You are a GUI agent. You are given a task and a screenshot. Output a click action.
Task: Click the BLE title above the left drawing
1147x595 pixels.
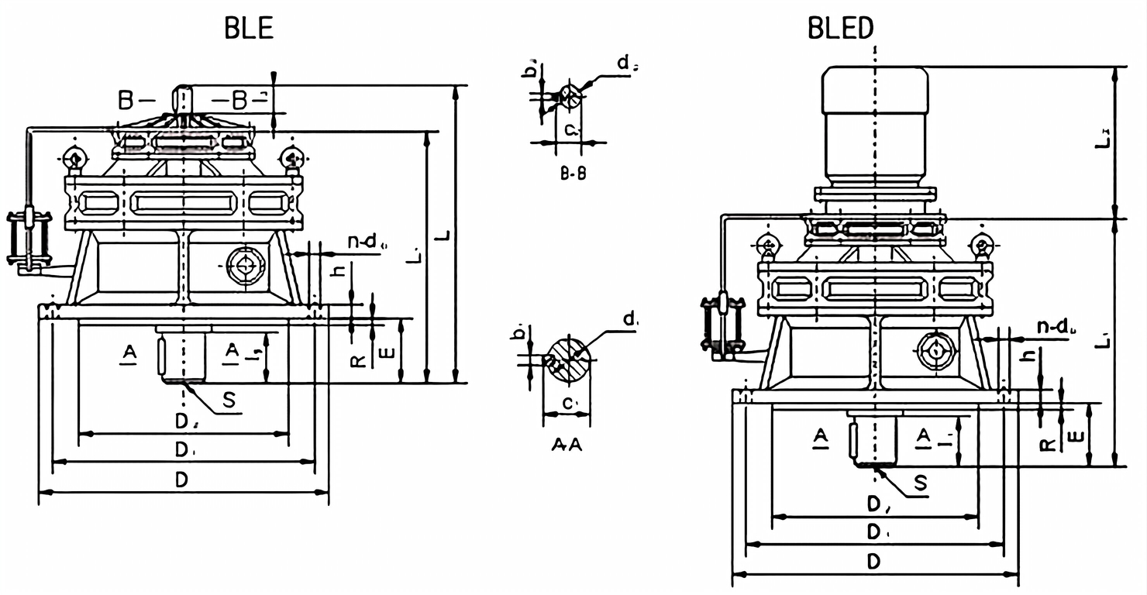(249, 28)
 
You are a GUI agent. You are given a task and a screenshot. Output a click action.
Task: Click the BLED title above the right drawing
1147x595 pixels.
(841, 28)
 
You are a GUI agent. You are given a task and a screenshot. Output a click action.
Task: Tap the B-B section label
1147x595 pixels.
(573, 174)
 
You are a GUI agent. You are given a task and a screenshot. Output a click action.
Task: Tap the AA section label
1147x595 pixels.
(567, 445)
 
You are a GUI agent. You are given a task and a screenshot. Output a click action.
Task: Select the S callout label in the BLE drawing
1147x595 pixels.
(229, 400)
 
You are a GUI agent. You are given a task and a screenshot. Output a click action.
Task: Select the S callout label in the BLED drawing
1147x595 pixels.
(920, 483)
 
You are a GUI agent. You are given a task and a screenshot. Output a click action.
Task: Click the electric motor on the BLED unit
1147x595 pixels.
(874, 124)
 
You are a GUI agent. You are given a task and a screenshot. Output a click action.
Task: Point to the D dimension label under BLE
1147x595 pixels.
(181, 480)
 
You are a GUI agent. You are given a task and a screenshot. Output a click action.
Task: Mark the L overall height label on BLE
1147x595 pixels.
(443, 232)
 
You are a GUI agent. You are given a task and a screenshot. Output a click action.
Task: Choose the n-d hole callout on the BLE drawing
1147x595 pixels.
(362, 242)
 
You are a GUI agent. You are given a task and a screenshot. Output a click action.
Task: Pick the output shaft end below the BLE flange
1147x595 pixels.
(183, 355)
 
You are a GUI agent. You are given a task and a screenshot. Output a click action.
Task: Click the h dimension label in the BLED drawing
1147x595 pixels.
(1027, 356)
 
